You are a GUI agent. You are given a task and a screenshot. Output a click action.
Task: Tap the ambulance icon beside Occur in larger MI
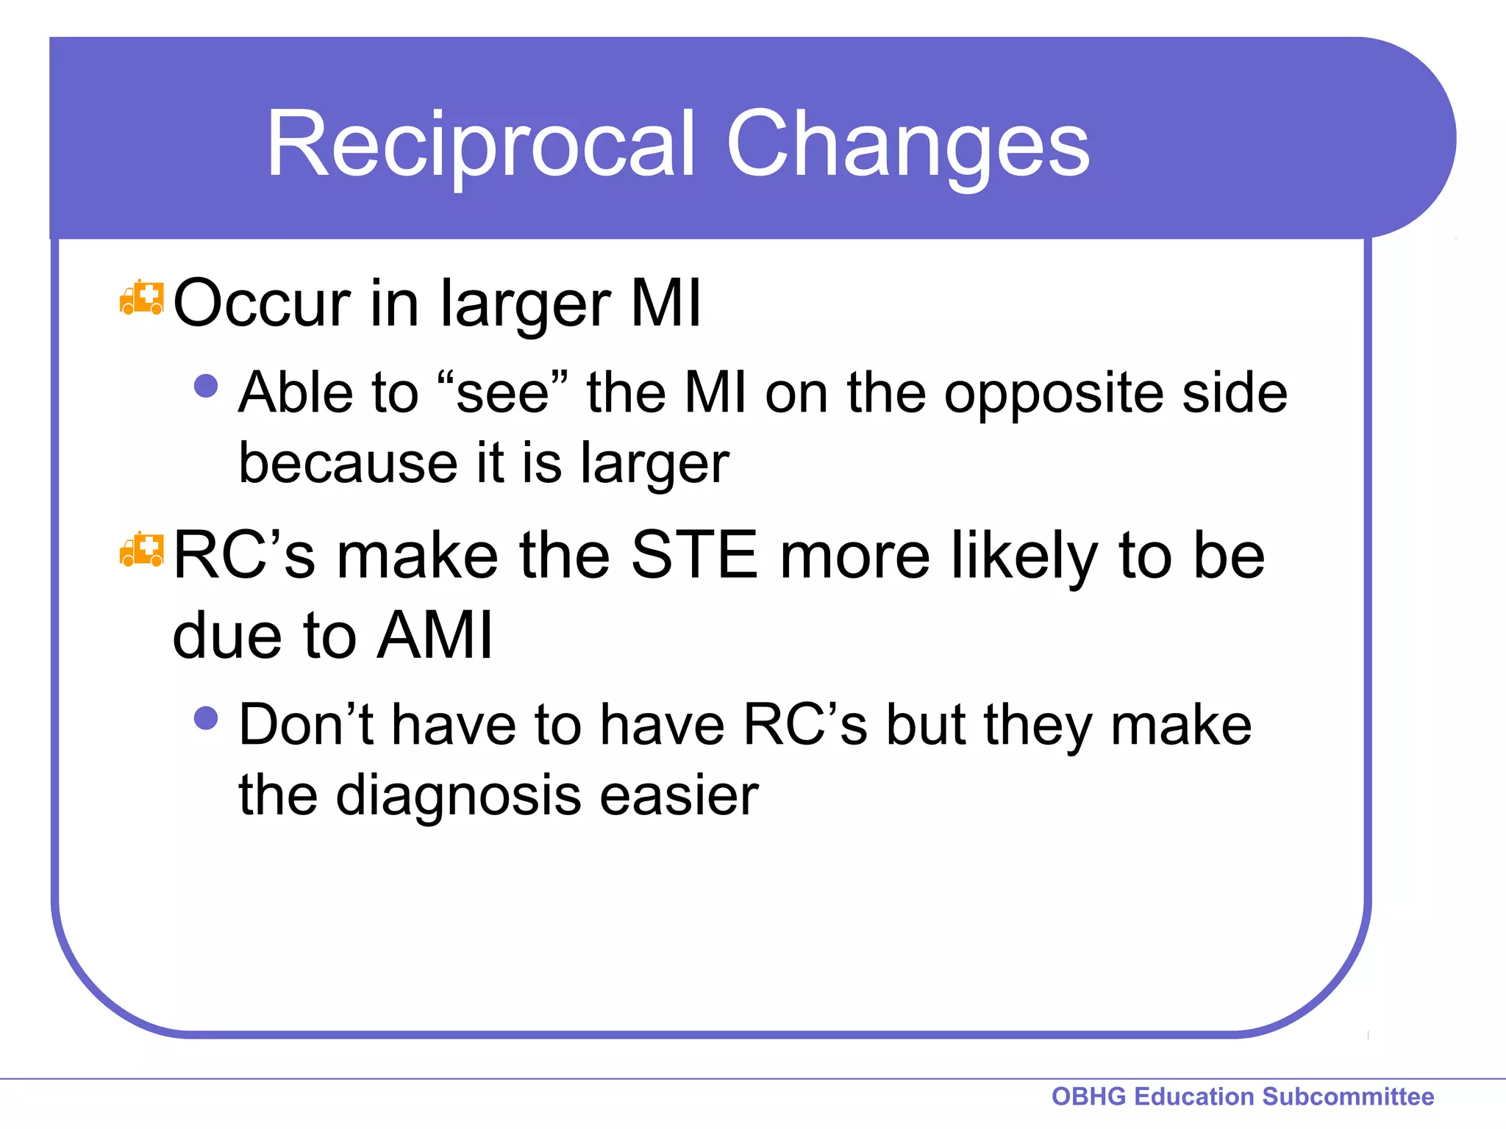tap(141, 298)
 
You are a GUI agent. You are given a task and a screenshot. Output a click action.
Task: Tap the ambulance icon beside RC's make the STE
tap(141, 551)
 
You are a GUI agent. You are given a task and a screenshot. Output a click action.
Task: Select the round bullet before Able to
tap(206, 386)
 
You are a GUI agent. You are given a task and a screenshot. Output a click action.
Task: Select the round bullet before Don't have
tap(206, 718)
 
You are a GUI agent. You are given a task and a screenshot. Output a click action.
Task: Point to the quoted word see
tap(503, 393)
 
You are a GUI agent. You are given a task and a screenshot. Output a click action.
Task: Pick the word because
tap(349, 463)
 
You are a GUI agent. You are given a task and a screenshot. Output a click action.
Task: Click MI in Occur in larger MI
tap(666, 303)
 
